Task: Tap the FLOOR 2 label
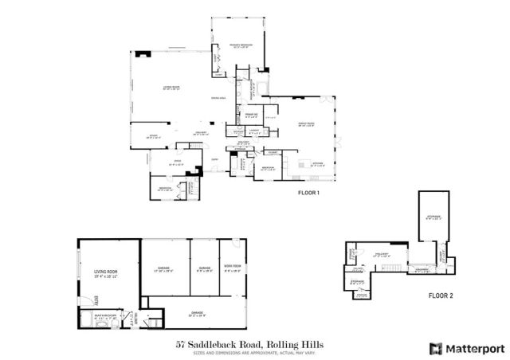pos(441,295)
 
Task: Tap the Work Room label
pos(233,268)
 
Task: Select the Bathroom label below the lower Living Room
pos(106,317)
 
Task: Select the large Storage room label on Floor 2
pos(433,216)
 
